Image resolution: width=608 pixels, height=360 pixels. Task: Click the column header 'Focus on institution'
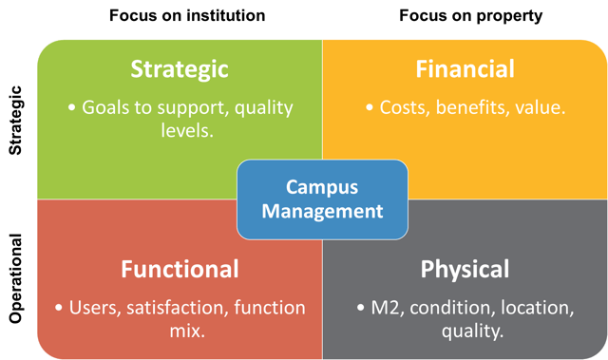(x=186, y=15)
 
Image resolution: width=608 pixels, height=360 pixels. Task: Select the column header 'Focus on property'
(x=471, y=15)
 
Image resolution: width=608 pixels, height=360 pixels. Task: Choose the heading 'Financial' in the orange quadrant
(x=465, y=69)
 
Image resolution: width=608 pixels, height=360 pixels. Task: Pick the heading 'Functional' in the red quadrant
(x=180, y=269)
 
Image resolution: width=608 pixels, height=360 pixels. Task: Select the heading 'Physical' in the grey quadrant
(x=465, y=269)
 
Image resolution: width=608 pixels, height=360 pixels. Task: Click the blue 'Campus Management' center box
(x=322, y=199)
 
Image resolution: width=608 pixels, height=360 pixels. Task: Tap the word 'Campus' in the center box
(x=322, y=187)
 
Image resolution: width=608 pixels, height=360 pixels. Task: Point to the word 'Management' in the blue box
(x=322, y=211)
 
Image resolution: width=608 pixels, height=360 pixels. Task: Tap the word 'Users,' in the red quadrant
(x=97, y=308)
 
